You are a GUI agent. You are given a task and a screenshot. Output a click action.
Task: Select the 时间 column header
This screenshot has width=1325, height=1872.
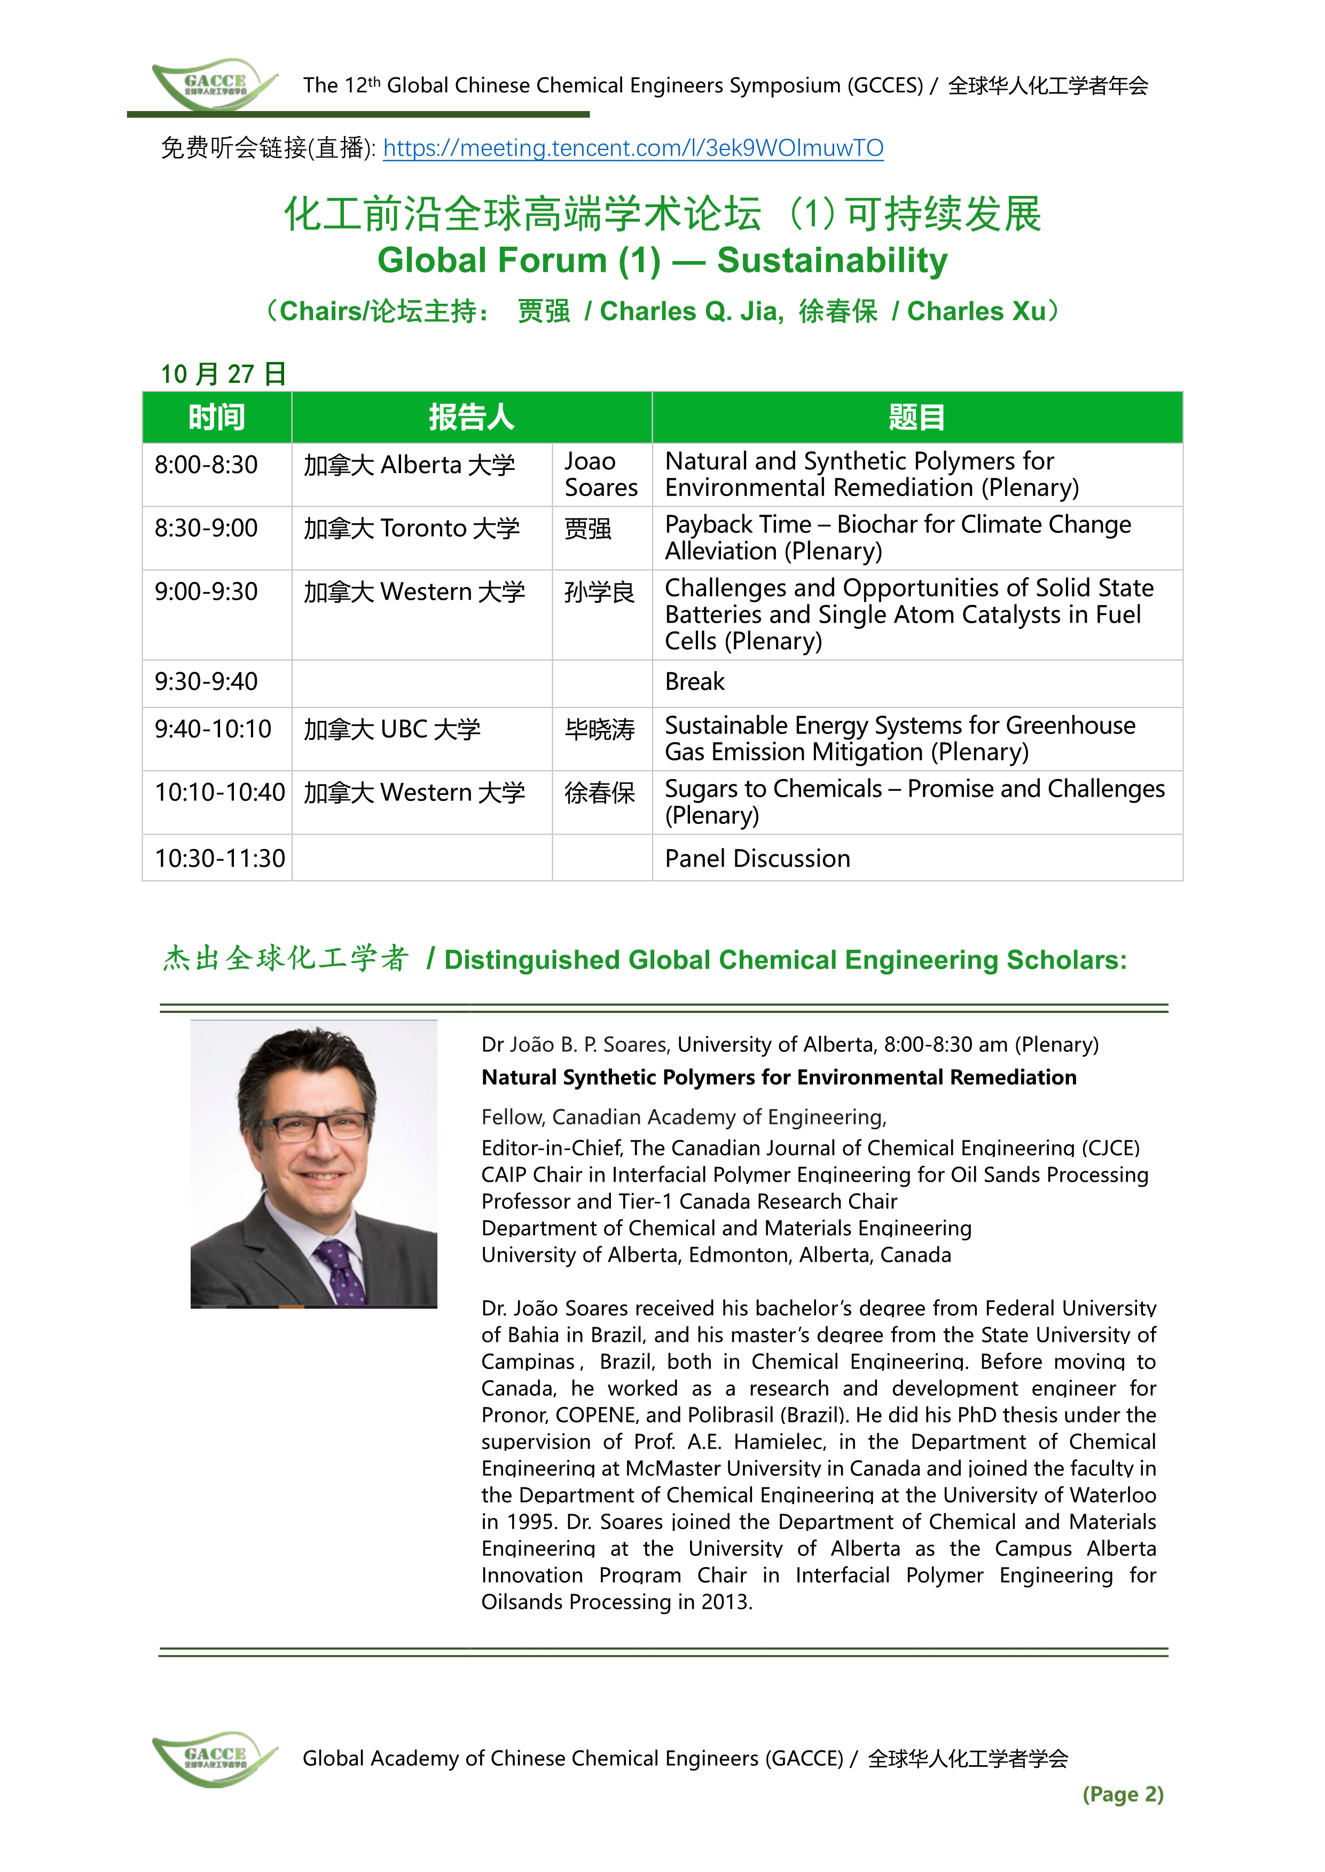(x=216, y=417)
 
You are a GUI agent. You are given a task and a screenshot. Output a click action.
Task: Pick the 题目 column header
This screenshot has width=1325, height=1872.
(x=916, y=417)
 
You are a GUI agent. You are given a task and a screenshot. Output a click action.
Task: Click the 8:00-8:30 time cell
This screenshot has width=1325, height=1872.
(x=207, y=465)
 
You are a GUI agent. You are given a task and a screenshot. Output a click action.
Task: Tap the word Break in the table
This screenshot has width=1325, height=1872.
(x=694, y=682)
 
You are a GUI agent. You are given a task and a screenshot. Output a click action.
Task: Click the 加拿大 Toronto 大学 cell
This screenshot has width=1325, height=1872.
(x=411, y=529)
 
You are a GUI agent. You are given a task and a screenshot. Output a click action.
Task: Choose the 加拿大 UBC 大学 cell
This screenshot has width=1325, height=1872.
(x=393, y=729)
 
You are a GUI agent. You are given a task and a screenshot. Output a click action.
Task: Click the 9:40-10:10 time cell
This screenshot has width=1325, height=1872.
(x=213, y=729)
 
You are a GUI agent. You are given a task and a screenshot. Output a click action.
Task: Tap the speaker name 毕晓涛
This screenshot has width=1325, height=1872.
(x=600, y=729)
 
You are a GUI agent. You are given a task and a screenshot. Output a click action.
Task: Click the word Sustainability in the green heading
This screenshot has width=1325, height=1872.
(x=832, y=261)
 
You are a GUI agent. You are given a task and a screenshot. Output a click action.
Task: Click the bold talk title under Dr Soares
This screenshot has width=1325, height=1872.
(x=778, y=1077)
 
